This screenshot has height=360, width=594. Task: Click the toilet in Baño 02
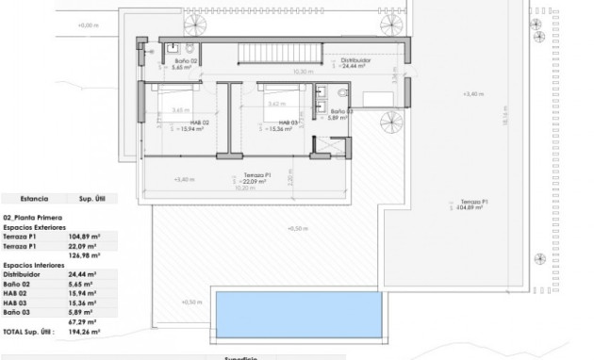[x=189, y=48]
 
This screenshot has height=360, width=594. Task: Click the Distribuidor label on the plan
[x=354, y=60]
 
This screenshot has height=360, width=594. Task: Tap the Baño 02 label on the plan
[x=185, y=61]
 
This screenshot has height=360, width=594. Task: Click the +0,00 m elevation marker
[x=87, y=25]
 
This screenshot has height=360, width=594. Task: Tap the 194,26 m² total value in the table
[x=90, y=333]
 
